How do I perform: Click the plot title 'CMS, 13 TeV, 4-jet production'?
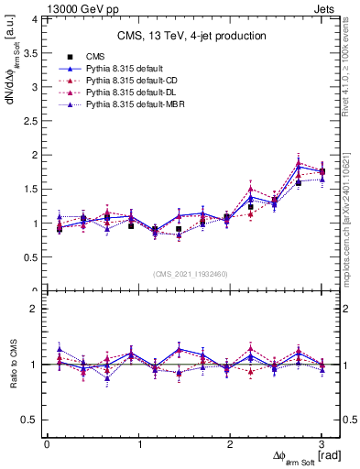pyautogui.click(x=191, y=36)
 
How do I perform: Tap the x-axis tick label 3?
pyautogui.click(x=322, y=444)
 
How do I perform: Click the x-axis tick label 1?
pyautogui.click(x=138, y=444)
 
